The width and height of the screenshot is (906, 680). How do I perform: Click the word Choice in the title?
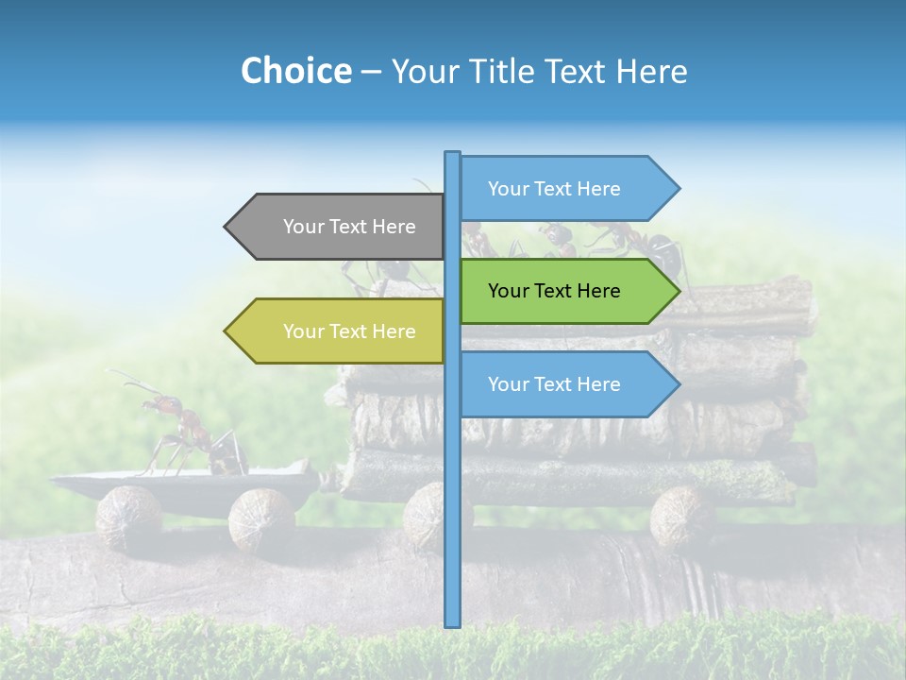point(295,71)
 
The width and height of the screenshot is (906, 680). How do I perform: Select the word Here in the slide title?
point(651,71)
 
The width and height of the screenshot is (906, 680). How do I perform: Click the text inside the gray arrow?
point(349,227)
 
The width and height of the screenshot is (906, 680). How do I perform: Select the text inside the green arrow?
point(554,291)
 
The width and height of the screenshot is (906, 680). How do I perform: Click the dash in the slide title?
point(371,72)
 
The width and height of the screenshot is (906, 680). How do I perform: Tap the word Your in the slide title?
point(421,71)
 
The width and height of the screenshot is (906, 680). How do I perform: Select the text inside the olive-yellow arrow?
point(349,331)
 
